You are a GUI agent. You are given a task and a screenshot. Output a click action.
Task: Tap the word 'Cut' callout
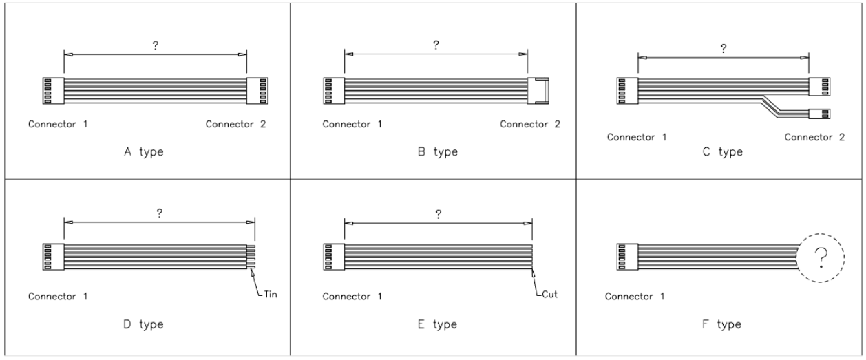pyautogui.click(x=549, y=295)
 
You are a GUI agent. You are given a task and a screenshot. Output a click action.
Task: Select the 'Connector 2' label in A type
pyautogui.click(x=235, y=125)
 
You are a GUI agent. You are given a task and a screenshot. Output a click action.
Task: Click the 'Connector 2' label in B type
pyautogui.click(x=529, y=125)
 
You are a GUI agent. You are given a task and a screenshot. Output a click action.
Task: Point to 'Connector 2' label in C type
pyautogui.click(x=814, y=137)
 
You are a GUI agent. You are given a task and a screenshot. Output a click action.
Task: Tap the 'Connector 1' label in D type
pyautogui.click(x=57, y=297)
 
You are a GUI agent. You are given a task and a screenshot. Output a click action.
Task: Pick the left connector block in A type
pyautogui.click(x=53, y=90)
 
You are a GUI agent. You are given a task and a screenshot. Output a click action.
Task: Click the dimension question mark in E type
pyautogui.click(x=438, y=214)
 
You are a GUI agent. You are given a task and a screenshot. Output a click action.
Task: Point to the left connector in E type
pyautogui.click(x=333, y=258)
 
